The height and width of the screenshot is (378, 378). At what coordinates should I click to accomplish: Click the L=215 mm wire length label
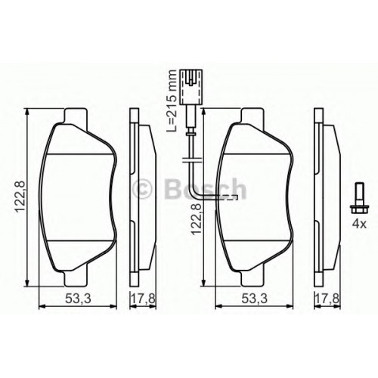(172, 101)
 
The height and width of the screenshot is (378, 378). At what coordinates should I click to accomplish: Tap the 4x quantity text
(359, 224)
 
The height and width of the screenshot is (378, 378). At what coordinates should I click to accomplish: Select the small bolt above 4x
(359, 199)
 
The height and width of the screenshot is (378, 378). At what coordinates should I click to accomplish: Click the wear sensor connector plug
(191, 87)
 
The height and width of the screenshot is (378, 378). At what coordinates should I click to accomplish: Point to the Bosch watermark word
(205, 188)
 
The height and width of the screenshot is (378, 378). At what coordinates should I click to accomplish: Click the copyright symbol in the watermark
(142, 187)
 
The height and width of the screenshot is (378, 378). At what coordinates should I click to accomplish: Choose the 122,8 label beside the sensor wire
(197, 216)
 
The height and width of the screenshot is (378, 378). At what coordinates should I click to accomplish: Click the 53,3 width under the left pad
(78, 299)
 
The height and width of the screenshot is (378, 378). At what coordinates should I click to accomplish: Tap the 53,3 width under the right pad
(254, 299)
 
